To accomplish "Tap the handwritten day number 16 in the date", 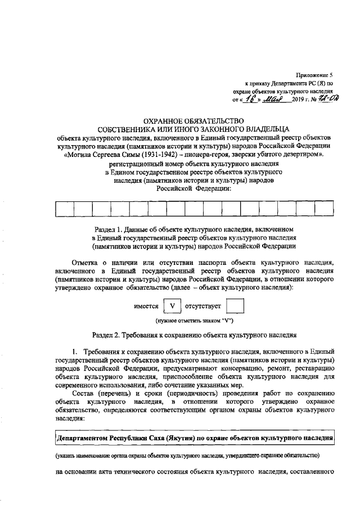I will tap(245, 99).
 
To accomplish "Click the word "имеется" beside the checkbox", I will tap(146, 308).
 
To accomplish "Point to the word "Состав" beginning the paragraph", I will tap(85, 393).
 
